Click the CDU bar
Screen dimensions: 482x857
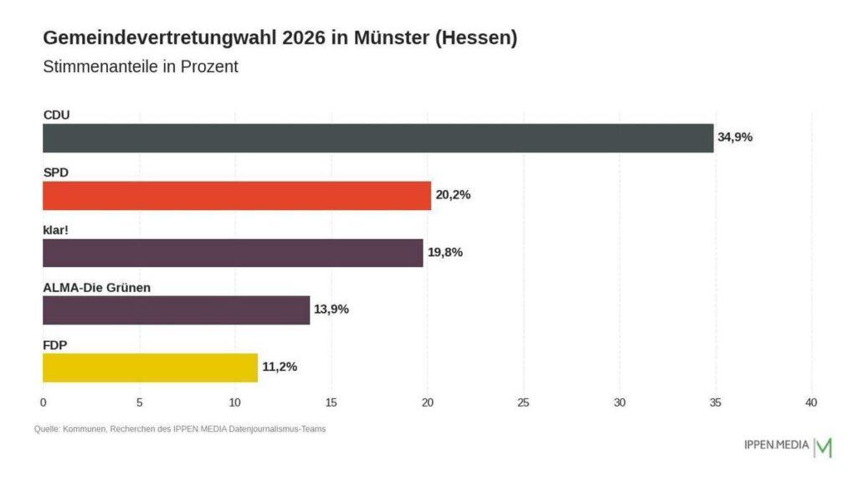[377, 138]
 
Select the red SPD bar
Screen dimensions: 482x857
[236, 195]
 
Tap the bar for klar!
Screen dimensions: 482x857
[233, 253]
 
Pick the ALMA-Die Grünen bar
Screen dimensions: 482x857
[176, 310]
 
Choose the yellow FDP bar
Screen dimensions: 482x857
[150, 367]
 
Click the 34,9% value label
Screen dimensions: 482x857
[735, 137]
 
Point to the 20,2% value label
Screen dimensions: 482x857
[453, 195]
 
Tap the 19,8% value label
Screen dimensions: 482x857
[444, 253]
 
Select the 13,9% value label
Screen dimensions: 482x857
[331, 310]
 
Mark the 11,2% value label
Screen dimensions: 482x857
[280, 367]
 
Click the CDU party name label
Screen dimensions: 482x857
[56, 115]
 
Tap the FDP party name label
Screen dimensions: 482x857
[55, 344]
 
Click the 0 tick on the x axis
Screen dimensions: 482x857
[43, 403]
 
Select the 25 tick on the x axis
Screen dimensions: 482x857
[523, 403]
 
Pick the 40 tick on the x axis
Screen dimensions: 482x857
[811, 403]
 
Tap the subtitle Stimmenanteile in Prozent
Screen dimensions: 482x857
[141, 67]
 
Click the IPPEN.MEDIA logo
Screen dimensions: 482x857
[787, 446]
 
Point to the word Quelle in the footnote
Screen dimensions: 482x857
[47, 429]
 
